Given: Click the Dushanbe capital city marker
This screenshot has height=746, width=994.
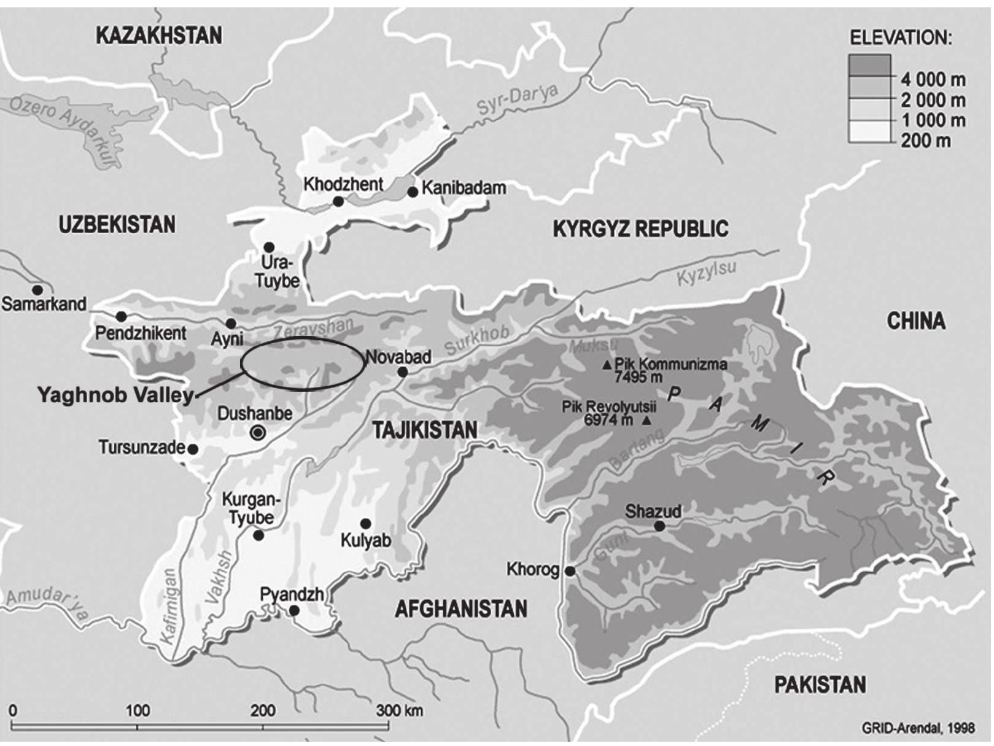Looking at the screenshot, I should click(258, 433).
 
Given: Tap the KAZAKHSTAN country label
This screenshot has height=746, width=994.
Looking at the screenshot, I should click(159, 36).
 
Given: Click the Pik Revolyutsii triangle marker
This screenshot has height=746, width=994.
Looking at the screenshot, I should click(647, 421).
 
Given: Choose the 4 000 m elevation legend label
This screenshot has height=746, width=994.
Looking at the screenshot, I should click(933, 79).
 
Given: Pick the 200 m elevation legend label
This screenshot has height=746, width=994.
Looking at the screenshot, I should click(926, 141).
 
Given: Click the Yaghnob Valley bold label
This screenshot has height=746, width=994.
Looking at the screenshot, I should click(115, 395).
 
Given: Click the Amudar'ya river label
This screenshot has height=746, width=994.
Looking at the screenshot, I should click(48, 602).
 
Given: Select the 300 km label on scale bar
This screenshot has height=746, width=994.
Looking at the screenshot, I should click(400, 711).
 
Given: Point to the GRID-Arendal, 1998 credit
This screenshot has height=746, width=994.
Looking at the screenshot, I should click(918, 729).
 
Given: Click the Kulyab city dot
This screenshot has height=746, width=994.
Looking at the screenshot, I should click(366, 524).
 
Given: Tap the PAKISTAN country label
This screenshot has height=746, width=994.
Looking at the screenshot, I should click(820, 685).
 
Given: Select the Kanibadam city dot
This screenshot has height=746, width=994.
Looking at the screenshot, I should click(413, 192).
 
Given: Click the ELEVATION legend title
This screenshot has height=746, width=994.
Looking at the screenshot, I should click(901, 38).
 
